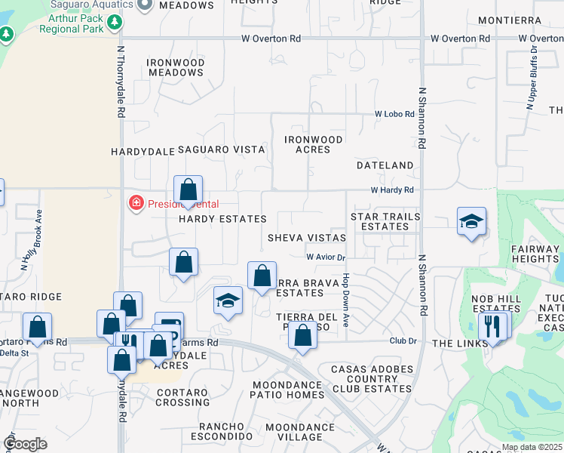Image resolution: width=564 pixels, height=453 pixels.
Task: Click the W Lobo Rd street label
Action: coord(395,114)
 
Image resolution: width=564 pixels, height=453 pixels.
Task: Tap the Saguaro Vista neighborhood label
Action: coord(221,149)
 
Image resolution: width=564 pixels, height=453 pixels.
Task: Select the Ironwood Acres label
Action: coord(314,144)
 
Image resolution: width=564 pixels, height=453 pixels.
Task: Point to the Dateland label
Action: coord(385,165)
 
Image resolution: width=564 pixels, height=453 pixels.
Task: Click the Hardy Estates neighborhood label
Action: coord(222,219)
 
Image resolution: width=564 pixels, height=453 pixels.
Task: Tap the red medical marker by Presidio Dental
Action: coord(136,203)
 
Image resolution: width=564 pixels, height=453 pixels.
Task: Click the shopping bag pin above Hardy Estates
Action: coord(188,190)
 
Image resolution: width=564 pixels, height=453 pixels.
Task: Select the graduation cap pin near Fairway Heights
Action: coord(471,221)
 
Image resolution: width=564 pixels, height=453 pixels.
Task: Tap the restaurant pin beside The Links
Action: coord(492,327)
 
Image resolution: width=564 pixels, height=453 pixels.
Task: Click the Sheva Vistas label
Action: coord(306,237)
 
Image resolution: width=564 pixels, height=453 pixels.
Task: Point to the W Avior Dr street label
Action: coord(325,257)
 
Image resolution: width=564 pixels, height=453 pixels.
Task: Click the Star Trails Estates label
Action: coord(385,221)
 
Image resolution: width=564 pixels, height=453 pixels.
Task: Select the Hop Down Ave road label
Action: coord(345,300)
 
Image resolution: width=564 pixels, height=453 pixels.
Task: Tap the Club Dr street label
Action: coord(403,341)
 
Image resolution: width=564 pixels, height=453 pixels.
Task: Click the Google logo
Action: coord(25,443)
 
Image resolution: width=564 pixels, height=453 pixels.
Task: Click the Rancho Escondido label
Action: coord(221,430)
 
